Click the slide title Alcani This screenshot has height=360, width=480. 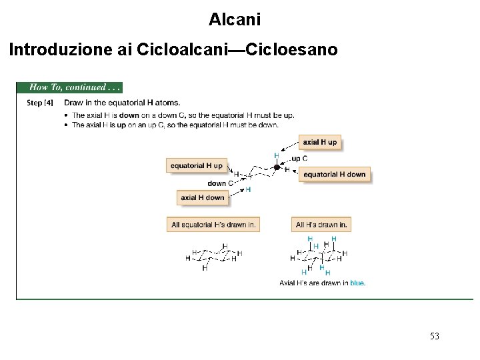click(234, 19)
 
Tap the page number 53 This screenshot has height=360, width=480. click(435, 336)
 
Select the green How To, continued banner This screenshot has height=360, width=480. click(70, 87)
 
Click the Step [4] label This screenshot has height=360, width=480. click(39, 103)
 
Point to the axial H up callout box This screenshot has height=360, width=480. click(319, 142)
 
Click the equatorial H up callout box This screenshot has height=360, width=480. click(197, 165)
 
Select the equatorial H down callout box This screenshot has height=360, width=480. click(334, 175)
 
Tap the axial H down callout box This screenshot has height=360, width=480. click(203, 197)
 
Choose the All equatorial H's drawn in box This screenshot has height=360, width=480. click(213, 225)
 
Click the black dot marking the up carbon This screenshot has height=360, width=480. click(277, 167)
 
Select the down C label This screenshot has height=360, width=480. click(219, 183)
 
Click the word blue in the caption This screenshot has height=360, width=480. click(357, 283)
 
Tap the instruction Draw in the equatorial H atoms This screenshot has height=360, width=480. click(122, 103)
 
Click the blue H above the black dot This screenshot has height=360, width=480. click(276, 155)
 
